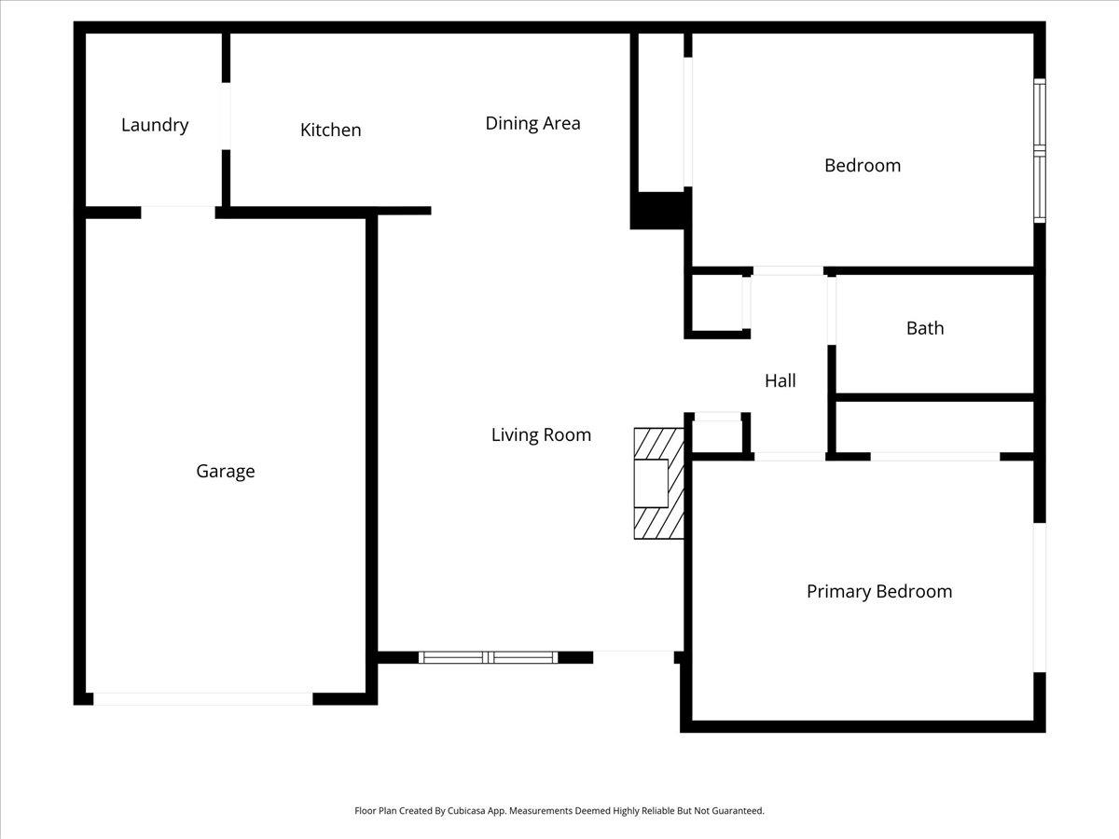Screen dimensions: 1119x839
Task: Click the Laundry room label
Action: tap(155, 125)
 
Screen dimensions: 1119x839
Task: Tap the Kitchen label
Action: tap(331, 130)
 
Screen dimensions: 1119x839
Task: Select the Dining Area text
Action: tap(532, 123)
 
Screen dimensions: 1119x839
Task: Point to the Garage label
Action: tap(226, 471)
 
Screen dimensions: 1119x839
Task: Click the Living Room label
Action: tap(542, 435)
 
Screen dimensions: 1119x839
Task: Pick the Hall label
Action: tap(781, 380)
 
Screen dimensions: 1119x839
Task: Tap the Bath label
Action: tap(925, 328)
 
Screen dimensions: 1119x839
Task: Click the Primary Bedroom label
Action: tap(879, 591)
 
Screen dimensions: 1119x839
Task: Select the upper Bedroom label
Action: tap(863, 166)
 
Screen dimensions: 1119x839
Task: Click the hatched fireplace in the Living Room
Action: tap(658, 484)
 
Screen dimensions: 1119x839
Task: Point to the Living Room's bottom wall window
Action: tap(489, 657)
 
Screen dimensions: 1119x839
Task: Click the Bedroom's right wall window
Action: tap(1040, 151)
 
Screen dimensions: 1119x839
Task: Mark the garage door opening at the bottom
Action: tap(203, 699)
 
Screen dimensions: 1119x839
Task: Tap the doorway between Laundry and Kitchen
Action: tap(226, 117)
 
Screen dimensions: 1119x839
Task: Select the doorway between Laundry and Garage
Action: tap(178, 213)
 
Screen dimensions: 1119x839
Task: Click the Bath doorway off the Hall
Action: tap(832, 310)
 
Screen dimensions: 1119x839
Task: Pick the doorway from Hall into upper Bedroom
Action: tap(788, 271)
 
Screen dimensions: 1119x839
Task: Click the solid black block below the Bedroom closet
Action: tap(661, 211)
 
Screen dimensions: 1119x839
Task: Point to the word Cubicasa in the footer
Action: tap(466, 810)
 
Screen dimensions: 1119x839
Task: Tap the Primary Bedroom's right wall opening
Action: tap(1040, 598)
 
